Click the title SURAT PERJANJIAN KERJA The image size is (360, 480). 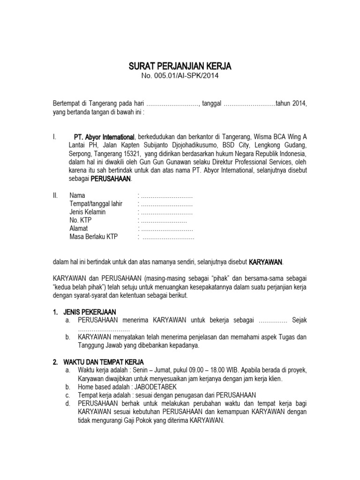(x=180, y=67)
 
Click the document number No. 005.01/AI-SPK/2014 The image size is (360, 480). (x=180, y=76)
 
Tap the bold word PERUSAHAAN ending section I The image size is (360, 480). (x=111, y=179)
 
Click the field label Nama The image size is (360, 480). (x=77, y=195)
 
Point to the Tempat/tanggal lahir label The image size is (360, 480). (x=96, y=203)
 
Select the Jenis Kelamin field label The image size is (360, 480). (x=87, y=212)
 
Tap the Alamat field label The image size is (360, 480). (x=79, y=228)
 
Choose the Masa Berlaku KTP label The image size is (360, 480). (x=93, y=237)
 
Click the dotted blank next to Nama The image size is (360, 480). (x=166, y=195)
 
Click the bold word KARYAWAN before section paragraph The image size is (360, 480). (x=265, y=262)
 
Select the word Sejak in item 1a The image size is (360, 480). (x=299, y=320)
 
